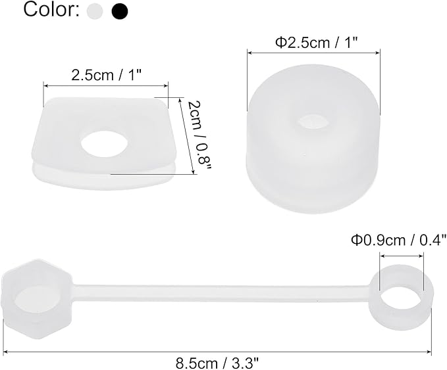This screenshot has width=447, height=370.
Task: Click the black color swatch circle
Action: point(120,11)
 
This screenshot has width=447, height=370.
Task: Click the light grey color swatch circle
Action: point(96,11)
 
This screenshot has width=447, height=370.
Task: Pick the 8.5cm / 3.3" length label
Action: point(218,361)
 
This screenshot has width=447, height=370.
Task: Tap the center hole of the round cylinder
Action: point(313,122)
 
